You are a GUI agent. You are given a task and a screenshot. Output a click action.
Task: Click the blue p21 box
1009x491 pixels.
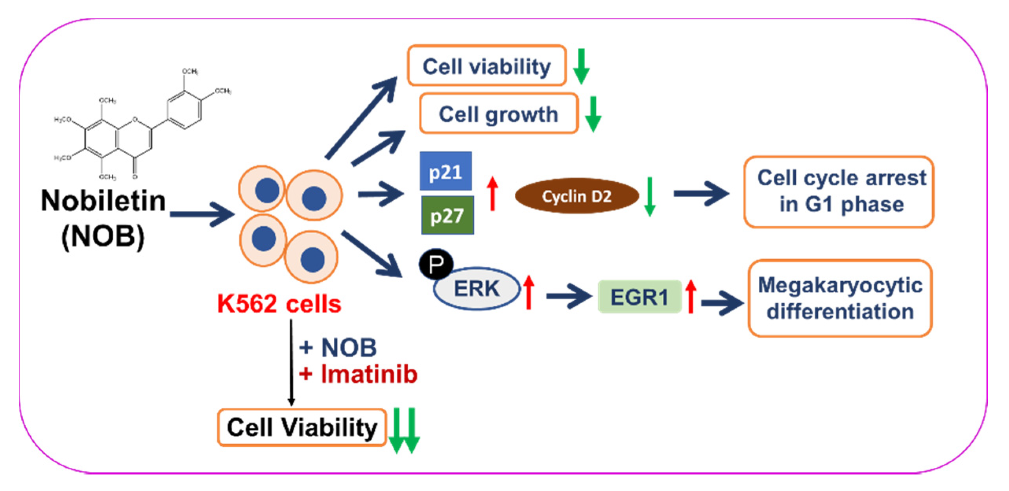[x=445, y=172]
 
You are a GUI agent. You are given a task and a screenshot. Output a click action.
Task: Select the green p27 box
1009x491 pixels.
[x=447, y=216]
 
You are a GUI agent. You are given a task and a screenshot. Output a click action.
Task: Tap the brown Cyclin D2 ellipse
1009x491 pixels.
[x=577, y=196]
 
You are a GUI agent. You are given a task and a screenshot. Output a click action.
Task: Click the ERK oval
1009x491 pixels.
[x=477, y=289]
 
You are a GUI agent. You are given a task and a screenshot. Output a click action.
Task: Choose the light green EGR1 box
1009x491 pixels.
[x=639, y=297]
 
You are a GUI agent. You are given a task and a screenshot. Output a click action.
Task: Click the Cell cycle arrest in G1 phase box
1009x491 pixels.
[x=838, y=192]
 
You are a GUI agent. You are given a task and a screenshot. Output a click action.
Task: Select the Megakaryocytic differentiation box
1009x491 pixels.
[x=840, y=298]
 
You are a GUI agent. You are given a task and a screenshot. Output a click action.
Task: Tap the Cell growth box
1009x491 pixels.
[x=498, y=114]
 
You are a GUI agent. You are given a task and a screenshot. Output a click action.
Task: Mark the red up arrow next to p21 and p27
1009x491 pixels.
[x=492, y=194]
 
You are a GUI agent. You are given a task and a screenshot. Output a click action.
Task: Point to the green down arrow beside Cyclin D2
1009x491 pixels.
[x=649, y=196]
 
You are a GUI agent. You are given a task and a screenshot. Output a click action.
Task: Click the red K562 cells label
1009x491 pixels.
[x=279, y=304]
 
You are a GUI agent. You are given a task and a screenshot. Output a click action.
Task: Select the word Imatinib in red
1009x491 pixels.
[x=369, y=374]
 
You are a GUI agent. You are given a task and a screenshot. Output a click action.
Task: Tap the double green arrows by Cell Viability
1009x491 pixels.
[x=404, y=430]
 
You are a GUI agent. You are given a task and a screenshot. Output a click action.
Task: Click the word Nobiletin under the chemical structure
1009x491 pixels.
[x=103, y=201]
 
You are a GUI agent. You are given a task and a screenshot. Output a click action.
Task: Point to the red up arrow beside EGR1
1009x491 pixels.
[x=691, y=296]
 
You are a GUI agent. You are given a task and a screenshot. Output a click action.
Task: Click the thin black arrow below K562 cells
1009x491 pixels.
[x=291, y=362]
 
